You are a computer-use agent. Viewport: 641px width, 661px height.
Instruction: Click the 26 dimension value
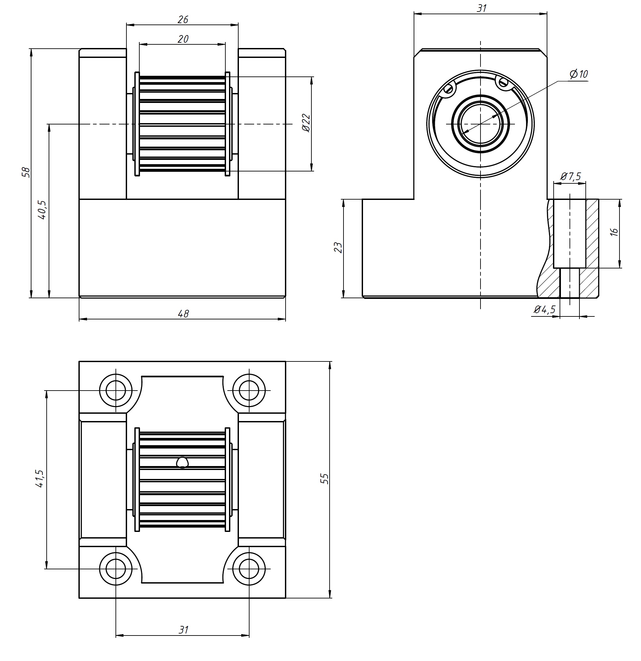tap(183, 20)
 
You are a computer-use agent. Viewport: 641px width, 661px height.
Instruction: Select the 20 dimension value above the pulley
tap(183, 39)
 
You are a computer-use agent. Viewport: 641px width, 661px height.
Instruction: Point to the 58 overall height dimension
tap(26, 172)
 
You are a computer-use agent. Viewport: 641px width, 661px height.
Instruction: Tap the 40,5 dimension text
tap(42, 210)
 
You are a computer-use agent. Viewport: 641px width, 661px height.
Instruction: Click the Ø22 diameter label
tap(306, 123)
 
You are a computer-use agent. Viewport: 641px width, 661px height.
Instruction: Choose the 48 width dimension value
tap(183, 314)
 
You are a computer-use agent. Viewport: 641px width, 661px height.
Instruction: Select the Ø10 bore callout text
tap(578, 74)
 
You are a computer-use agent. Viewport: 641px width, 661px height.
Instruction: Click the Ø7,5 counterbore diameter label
tap(571, 176)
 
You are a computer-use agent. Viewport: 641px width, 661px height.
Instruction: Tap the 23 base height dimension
tap(338, 248)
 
